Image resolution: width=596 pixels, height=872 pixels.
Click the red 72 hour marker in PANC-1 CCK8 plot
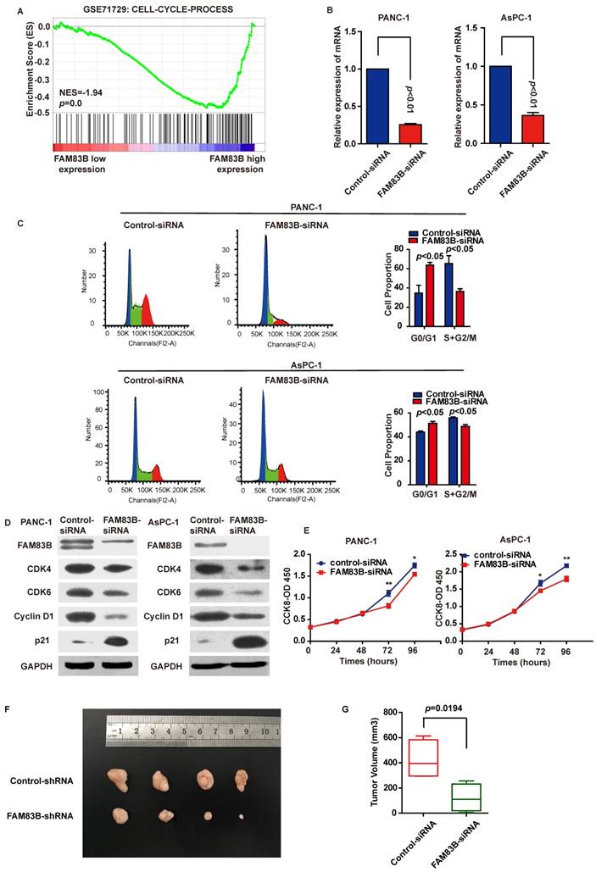pyautogui.click(x=387, y=607)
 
